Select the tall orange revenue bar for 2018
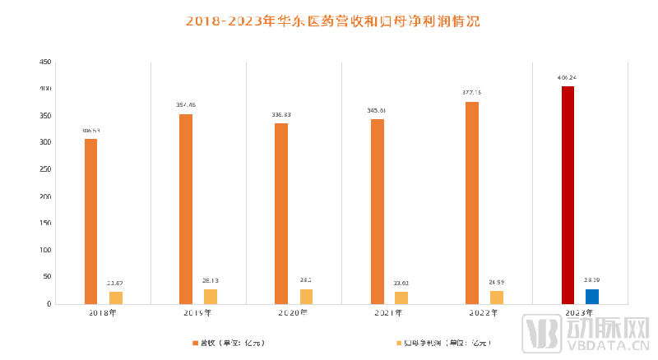90,221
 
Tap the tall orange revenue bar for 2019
186,209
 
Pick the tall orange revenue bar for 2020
281,214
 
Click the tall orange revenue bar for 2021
378,211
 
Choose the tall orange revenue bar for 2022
472,203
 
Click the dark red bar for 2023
568,195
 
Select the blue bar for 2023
592,297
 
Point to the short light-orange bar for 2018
116,298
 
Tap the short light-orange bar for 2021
401,298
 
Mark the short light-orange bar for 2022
497,298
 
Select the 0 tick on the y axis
49,304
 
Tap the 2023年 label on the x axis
580,313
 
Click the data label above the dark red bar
567,78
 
